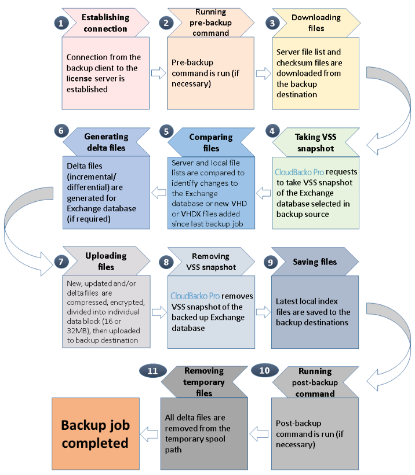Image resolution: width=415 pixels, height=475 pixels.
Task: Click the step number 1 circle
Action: tap(61, 23)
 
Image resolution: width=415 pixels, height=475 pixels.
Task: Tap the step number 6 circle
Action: tap(61, 131)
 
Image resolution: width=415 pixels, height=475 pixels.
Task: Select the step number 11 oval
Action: tap(152, 371)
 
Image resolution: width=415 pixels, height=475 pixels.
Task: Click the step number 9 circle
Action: tap(271, 262)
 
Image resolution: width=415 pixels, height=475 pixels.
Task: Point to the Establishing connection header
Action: tap(105, 23)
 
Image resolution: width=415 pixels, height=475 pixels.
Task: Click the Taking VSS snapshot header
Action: tap(316, 142)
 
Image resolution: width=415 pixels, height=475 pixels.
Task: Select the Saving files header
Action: tap(315, 262)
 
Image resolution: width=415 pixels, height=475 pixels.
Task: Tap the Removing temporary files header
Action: tap(204, 382)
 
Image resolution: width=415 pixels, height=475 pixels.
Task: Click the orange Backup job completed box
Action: tap(96, 434)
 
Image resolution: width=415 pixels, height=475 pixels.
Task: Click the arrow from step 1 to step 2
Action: tap(158, 73)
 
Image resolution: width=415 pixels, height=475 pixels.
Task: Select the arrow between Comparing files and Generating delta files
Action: tap(159, 193)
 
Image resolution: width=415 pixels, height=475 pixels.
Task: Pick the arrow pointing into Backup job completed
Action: tap(149, 434)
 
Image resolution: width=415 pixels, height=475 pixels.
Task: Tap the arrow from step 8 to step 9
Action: tap(263, 312)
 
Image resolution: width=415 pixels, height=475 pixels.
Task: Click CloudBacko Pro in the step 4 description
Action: tap(299, 172)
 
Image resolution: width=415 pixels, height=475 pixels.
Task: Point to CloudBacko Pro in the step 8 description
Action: tap(195, 296)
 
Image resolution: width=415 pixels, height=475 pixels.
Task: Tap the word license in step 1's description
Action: tap(79, 79)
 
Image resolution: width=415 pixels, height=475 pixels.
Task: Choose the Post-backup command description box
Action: tap(315, 434)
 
